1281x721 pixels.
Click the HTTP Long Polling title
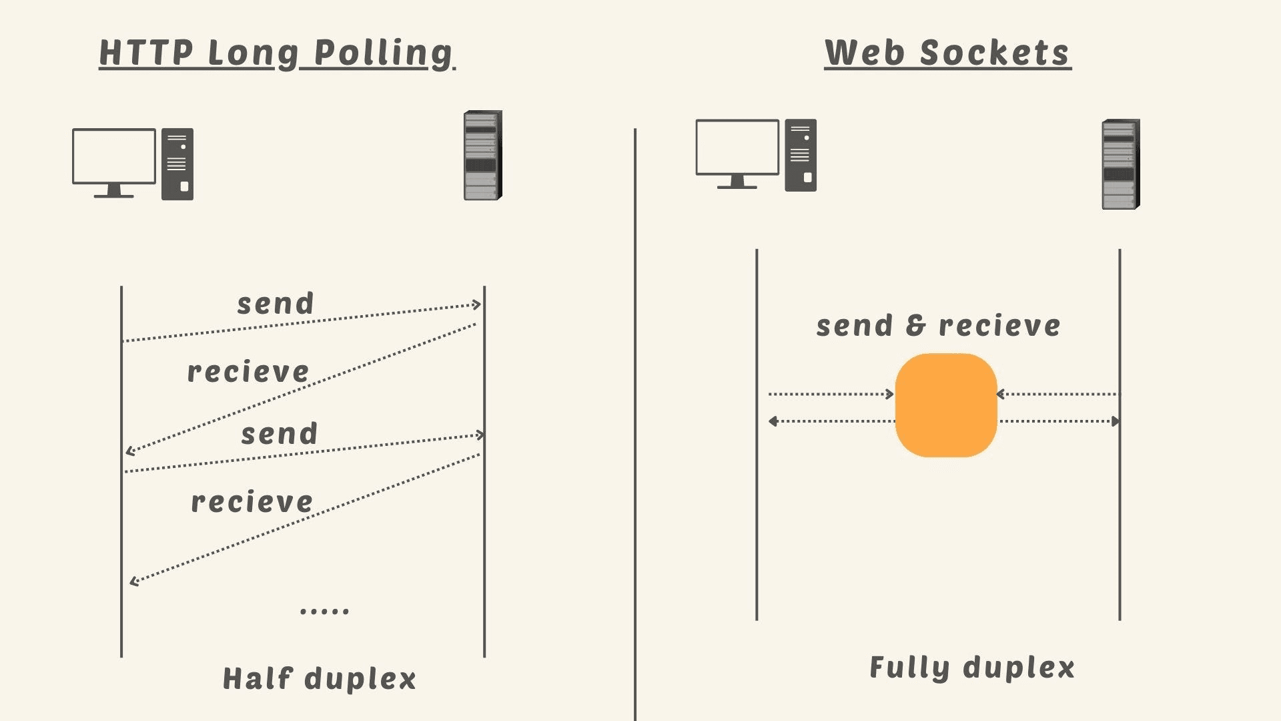276,53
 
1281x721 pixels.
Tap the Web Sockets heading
947,53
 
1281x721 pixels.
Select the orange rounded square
946,405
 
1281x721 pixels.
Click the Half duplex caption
319,679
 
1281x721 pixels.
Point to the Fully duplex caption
972,668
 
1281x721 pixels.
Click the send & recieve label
938,326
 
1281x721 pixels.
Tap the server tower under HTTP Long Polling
482,156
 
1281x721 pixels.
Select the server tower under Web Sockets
1120,164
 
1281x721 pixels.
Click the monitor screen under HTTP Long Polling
114,156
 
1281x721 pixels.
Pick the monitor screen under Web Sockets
737,148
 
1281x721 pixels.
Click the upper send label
276,304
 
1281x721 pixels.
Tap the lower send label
279,434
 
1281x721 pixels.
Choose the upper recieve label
248,371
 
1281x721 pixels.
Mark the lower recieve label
252,502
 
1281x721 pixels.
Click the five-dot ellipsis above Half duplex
324,610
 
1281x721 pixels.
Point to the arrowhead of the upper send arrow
477,304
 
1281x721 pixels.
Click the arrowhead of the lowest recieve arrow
134,581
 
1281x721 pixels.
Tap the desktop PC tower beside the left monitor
177,164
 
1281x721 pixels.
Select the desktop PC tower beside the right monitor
801,156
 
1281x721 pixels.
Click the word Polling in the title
383,53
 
